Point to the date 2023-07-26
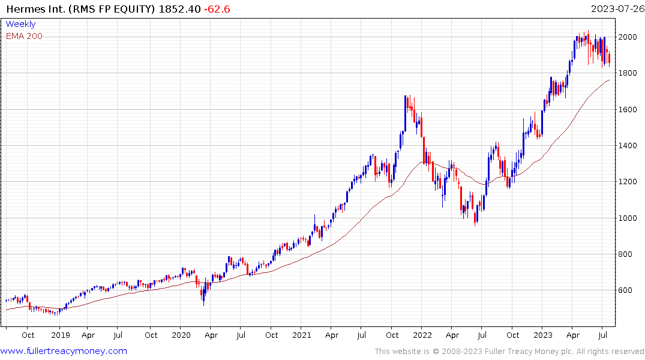pos(616,9)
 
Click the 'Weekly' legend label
pos(20,24)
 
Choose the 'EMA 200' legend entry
pos(24,36)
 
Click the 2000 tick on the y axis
pos(628,37)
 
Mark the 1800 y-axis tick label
pos(628,73)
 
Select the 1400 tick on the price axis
pos(628,146)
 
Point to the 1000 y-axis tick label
pos(628,218)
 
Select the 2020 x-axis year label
pos(181,335)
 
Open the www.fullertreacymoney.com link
pos(64,351)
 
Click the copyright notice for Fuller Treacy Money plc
pos(509,351)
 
